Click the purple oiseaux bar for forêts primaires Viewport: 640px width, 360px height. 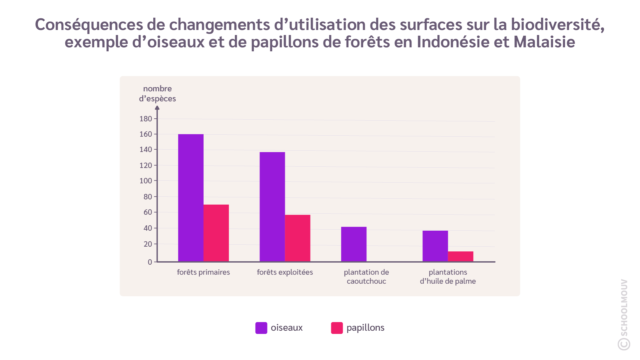(x=191, y=198)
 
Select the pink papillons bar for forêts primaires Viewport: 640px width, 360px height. (x=216, y=233)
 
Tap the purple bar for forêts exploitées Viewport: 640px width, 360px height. (x=272, y=207)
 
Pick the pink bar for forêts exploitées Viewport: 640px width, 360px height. (x=298, y=238)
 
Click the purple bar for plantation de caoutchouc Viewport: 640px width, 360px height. (x=353, y=244)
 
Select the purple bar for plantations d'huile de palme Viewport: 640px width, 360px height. (x=435, y=246)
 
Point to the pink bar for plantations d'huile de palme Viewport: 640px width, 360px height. (x=460, y=256)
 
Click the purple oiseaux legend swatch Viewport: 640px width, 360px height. (x=261, y=328)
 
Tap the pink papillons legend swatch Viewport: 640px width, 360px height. (x=337, y=328)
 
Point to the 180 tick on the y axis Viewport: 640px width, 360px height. (x=146, y=119)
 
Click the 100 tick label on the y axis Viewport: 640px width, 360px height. (x=146, y=181)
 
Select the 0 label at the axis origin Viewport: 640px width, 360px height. (x=150, y=262)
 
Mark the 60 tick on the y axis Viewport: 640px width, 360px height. (x=148, y=212)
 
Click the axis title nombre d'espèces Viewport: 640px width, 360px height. (x=157, y=94)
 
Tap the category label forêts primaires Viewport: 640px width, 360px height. (x=203, y=272)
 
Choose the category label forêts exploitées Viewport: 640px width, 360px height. (x=285, y=272)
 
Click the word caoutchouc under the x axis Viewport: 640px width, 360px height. (x=366, y=281)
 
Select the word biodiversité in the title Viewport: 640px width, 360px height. (x=557, y=24)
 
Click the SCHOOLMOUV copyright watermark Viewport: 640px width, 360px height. (x=624, y=315)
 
